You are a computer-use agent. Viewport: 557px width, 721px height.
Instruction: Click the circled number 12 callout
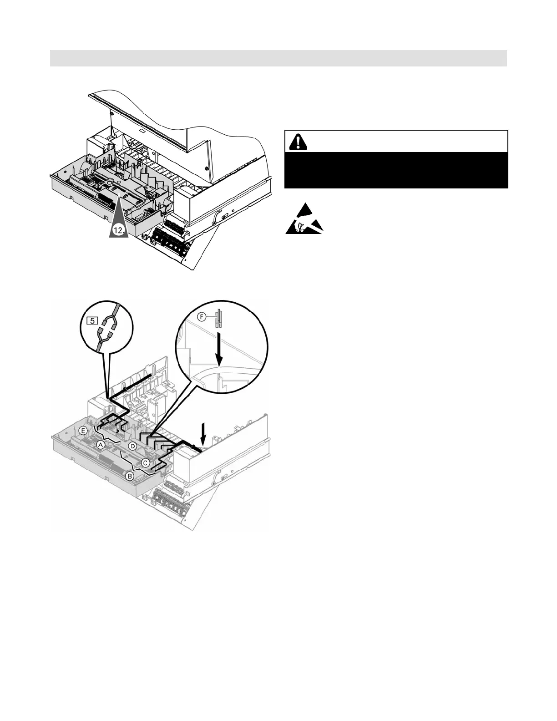point(118,230)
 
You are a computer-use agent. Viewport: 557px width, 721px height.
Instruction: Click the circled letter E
point(83,430)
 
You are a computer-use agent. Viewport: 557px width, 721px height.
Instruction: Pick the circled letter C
point(145,462)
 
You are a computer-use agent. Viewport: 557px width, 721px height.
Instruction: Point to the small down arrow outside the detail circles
point(204,432)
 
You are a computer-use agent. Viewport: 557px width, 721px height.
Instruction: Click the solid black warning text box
point(396,170)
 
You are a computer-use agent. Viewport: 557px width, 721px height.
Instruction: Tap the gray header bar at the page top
point(278,58)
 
